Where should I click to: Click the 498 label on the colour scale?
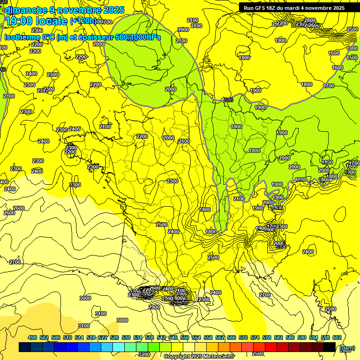coord(32,337)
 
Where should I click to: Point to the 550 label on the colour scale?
coord(184,337)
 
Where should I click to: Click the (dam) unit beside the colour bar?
coord(347,347)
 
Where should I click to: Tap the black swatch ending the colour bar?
coord(330,347)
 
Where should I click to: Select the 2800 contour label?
coord(310,20)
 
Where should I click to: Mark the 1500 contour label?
coord(352,58)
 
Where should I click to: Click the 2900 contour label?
coord(154,307)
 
